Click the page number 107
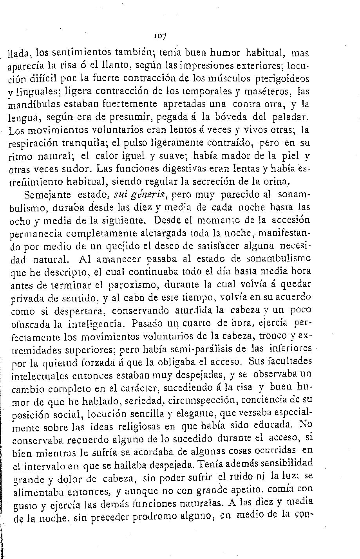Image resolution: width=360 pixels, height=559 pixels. click(x=161, y=36)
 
